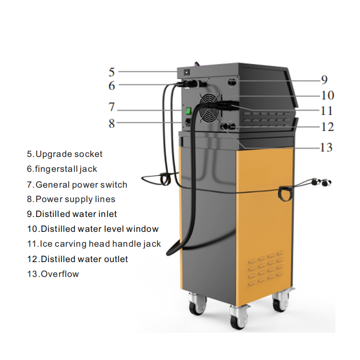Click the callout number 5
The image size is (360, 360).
pos(111,72)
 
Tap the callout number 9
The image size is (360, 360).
pos(324,80)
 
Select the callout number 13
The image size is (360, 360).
pos(326,147)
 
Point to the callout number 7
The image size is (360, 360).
pos(111,107)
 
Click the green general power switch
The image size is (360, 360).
pos(188,111)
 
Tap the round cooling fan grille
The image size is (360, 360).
pos(209,108)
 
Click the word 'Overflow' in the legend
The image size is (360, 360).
pos(60,274)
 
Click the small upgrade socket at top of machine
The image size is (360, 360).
pos(187,72)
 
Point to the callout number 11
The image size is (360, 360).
pos(326,111)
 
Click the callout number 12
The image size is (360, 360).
pos(327,127)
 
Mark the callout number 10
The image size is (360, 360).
pos(327,96)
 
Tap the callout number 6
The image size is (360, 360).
pos(111,85)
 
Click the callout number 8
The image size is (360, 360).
pos(111,123)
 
